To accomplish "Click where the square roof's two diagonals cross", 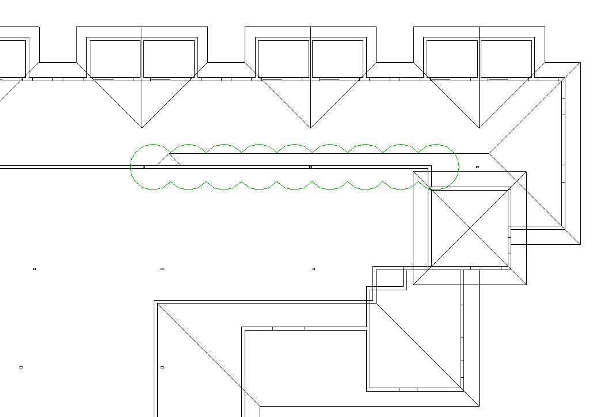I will [470, 228].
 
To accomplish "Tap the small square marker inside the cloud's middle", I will [311, 167].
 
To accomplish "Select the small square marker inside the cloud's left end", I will [144, 167].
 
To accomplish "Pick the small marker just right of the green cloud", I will [477, 167].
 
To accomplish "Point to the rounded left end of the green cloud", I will [131, 167].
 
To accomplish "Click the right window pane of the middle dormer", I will [337, 58].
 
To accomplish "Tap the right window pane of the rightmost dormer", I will [505, 58].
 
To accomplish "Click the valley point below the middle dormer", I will [311, 128].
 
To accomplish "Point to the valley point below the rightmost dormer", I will [479, 128].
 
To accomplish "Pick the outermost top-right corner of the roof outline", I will [580, 62].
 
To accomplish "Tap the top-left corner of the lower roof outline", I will [154, 301].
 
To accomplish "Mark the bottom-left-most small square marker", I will [21, 367].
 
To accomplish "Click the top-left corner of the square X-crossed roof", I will [429, 188].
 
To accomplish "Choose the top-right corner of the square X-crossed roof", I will [509, 188].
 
